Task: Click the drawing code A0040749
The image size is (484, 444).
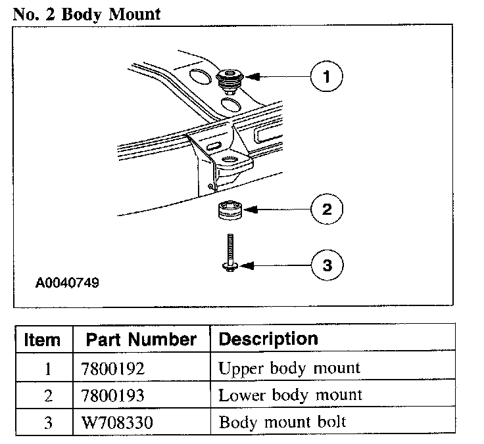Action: point(67,284)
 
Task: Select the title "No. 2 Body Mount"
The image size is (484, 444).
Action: point(86,14)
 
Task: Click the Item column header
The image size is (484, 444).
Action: point(42,340)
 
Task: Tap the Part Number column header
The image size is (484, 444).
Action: point(141,340)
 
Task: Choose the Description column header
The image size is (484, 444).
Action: point(268,339)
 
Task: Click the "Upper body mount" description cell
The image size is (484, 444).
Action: point(289,368)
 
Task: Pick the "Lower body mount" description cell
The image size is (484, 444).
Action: point(290,395)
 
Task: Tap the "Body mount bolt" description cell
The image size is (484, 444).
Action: point(282,422)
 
